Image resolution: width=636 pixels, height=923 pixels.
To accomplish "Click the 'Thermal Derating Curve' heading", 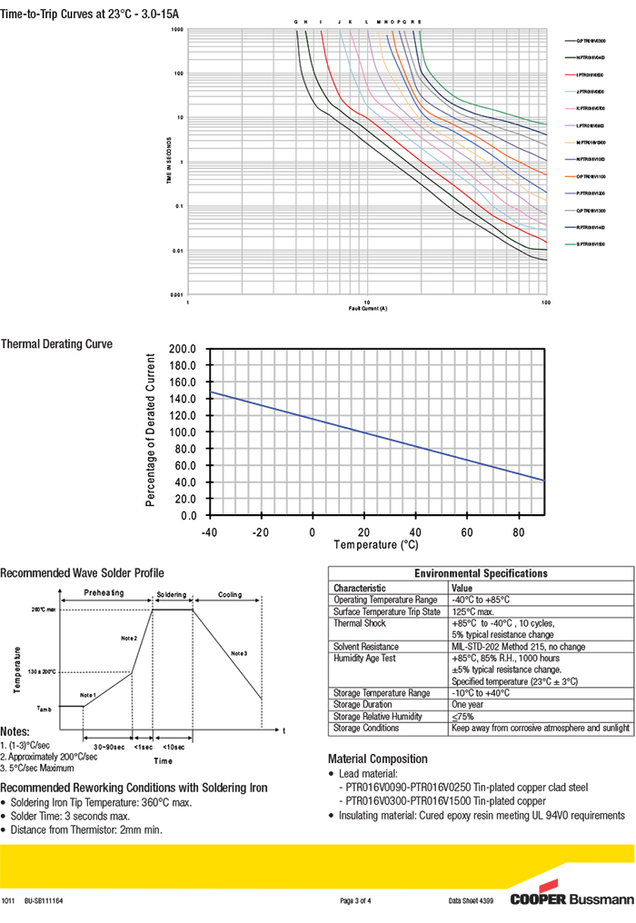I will click(x=56, y=344).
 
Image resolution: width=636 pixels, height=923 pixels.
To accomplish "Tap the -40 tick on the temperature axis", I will click(x=209, y=531).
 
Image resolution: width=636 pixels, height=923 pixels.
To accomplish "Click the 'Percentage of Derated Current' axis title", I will click(x=151, y=432).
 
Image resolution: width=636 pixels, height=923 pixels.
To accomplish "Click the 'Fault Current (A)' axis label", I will click(x=367, y=308).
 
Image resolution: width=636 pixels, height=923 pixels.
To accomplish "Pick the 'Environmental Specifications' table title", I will click(x=481, y=573).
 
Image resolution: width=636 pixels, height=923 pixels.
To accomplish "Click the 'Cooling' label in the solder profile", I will click(x=229, y=595).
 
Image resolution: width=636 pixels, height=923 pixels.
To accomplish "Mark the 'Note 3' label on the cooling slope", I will click(x=239, y=653).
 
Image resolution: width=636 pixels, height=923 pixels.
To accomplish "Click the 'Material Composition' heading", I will click(x=377, y=759).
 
